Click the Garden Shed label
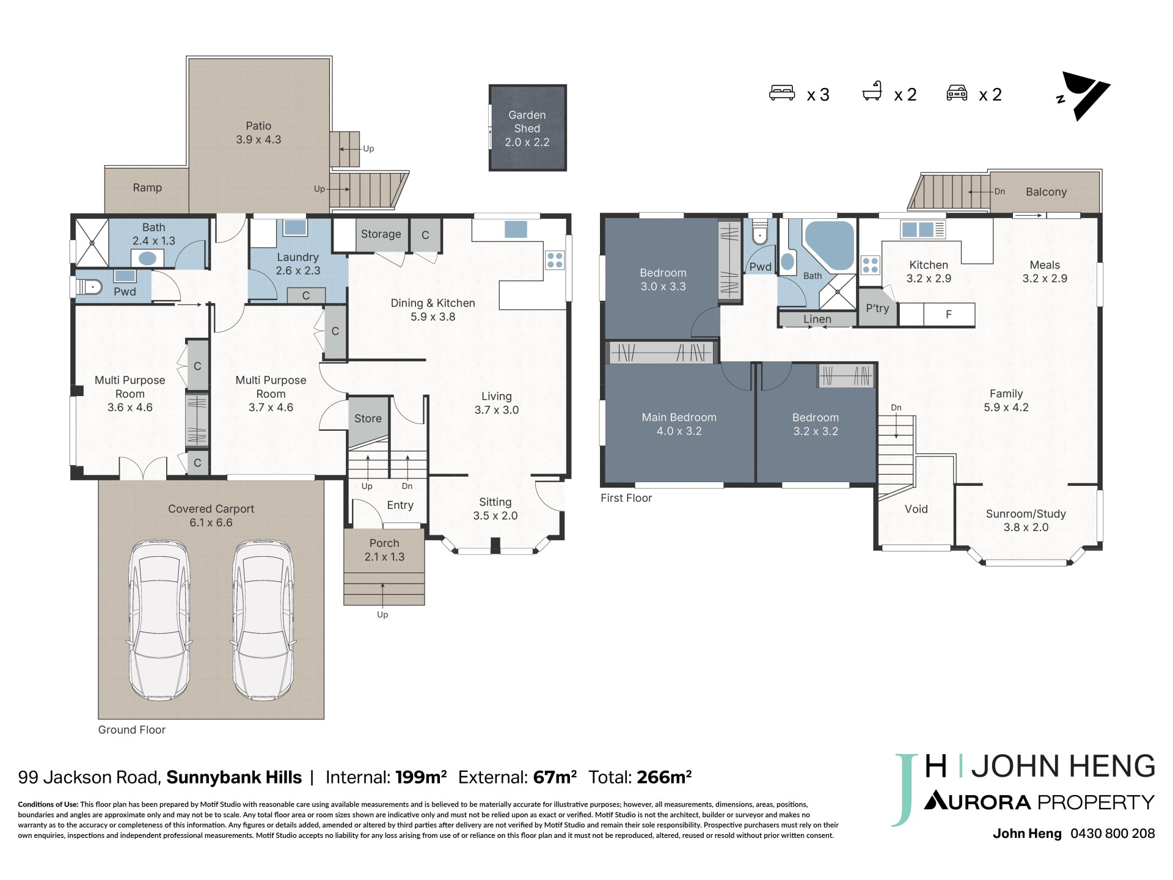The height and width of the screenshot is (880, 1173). click(x=527, y=122)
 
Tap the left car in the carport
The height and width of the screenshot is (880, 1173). click(x=159, y=620)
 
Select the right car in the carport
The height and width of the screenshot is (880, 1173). click(x=263, y=620)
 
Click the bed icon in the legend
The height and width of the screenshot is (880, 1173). click(x=782, y=93)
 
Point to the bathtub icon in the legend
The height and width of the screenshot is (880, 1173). click(x=872, y=92)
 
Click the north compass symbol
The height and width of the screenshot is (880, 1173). click(x=1084, y=96)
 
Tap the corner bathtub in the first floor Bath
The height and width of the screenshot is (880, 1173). click(x=830, y=246)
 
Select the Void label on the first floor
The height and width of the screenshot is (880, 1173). click(x=916, y=509)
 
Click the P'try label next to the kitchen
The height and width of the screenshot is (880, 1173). click(x=877, y=309)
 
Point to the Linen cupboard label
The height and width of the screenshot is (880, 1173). click(x=817, y=319)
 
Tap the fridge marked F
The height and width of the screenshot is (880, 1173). click(x=949, y=315)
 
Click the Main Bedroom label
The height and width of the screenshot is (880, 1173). click(x=679, y=417)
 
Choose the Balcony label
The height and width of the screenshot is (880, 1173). click(x=1046, y=192)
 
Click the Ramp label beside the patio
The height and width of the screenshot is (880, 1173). click(x=147, y=188)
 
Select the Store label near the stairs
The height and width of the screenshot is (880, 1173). click(x=368, y=419)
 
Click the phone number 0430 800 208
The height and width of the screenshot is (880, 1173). click(x=1113, y=834)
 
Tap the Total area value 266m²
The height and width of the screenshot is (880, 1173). click(x=664, y=777)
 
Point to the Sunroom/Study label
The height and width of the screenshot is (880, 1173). click(x=1026, y=514)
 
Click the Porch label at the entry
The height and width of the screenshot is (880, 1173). click(x=384, y=543)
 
